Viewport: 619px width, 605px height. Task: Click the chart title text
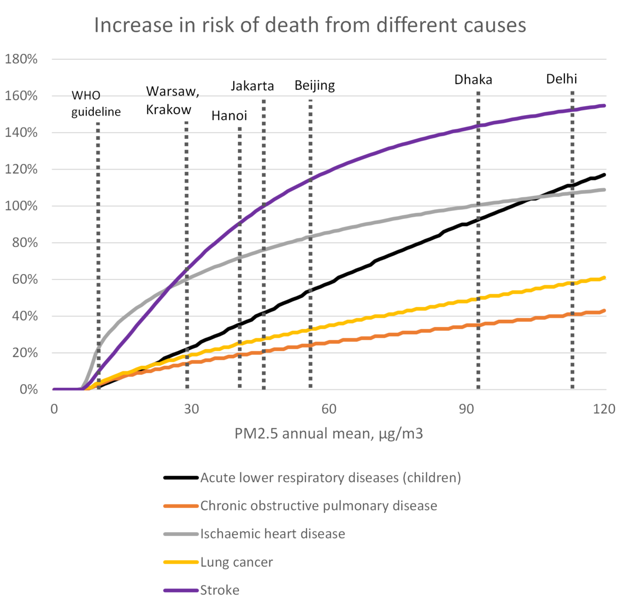(310, 25)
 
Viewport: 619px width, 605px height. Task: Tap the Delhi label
(562, 79)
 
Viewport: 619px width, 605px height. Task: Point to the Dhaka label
(473, 79)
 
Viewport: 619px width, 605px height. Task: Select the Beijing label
(315, 85)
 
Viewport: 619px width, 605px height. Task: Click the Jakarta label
(252, 86)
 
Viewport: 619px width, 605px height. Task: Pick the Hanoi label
(229, 116)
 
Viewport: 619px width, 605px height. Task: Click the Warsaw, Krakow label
(172, 101)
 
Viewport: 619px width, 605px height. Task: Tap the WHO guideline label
(96, 104)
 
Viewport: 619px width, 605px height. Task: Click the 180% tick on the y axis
(21, 59)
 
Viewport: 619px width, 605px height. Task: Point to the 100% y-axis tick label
(21, 206)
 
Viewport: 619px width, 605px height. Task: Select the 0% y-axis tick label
(28, 389)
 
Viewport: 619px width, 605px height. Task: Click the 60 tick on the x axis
(329, 409)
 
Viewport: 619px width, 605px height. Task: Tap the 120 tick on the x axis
(604, 409)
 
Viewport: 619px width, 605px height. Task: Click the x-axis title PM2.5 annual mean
(329, 433)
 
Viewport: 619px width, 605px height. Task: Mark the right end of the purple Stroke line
(604, 106)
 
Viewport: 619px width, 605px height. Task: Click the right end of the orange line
(604, 310)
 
